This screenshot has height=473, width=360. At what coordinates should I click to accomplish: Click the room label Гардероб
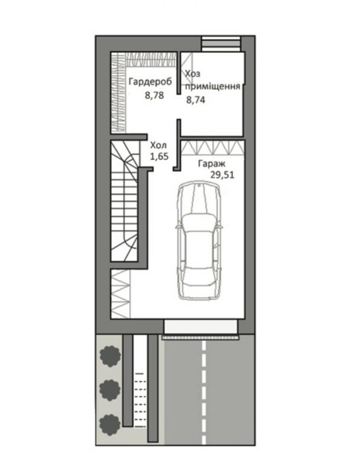pos(151,82)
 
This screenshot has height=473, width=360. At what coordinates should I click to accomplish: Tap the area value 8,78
pos(154,96)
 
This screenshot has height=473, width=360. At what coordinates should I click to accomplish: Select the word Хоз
pos(193,73)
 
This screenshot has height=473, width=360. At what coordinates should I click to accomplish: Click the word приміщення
pos(213,87)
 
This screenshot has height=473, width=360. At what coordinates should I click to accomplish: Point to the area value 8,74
pos(196,100)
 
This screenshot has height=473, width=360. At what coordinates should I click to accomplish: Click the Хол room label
pos(158,145)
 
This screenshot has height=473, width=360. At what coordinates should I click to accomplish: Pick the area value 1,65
pos(159,157)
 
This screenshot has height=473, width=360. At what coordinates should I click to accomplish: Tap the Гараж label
pos(212,164)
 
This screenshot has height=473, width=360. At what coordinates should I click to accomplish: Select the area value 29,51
pos(222,175)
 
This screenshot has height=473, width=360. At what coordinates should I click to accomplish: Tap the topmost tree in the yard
pos(110,357)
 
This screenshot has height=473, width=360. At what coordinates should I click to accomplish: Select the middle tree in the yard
pos(110,390)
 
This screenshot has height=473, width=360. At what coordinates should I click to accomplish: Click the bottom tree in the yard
pos(110,425)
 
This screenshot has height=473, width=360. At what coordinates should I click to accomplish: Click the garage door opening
pos(200,327)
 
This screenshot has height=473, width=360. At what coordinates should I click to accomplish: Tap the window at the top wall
pos(221,44)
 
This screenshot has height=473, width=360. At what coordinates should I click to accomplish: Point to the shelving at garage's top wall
pos(212,148)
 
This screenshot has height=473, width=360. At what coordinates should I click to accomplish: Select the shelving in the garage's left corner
pos(121,294)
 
